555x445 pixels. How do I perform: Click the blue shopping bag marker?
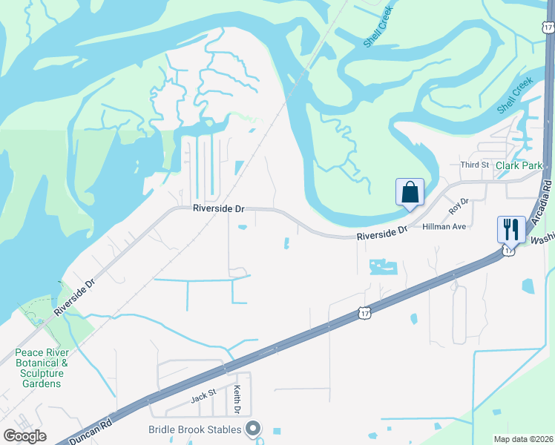point(410,194)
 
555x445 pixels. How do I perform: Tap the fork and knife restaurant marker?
point(510,229)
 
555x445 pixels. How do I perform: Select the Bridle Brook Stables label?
point(194,429)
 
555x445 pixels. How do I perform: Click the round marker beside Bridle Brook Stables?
point(254,429)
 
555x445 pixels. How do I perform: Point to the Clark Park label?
point(519,165)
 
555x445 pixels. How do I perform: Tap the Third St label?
point(474,165)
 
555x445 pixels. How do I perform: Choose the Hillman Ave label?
point(444,226)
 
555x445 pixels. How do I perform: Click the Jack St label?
point(203,398)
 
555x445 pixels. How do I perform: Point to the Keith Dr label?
point(237,399)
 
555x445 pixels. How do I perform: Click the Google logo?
point(24,436)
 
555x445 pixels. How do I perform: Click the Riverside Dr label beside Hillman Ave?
point(382,234)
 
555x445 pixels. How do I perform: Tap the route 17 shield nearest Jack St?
point(364,314)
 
